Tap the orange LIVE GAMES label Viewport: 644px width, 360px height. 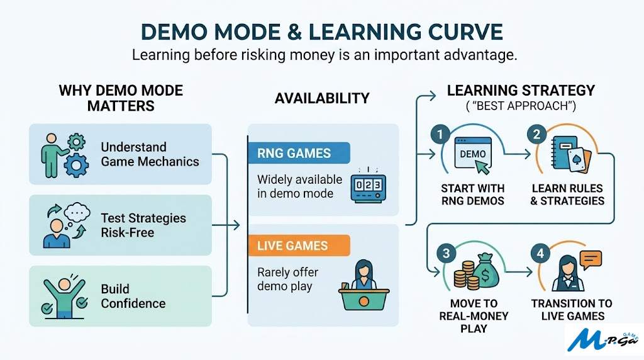click(293, 245)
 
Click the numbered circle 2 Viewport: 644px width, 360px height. click(536, 134)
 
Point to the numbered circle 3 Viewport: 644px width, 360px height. click(446, 253)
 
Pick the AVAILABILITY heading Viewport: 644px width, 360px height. click(322, 98)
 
